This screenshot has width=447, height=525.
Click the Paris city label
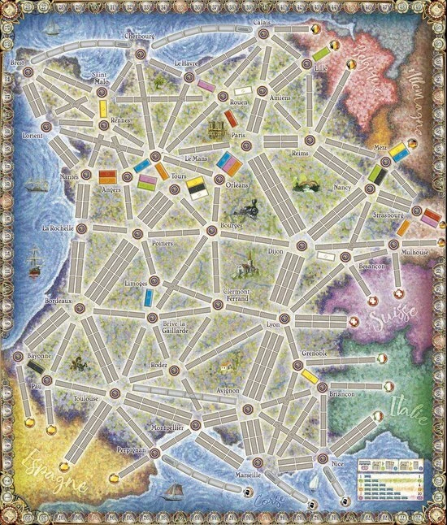[238, 135]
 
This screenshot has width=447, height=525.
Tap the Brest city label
[17, 62]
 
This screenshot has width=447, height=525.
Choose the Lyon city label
[272, 324]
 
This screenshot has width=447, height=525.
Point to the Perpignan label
[131, 449]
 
